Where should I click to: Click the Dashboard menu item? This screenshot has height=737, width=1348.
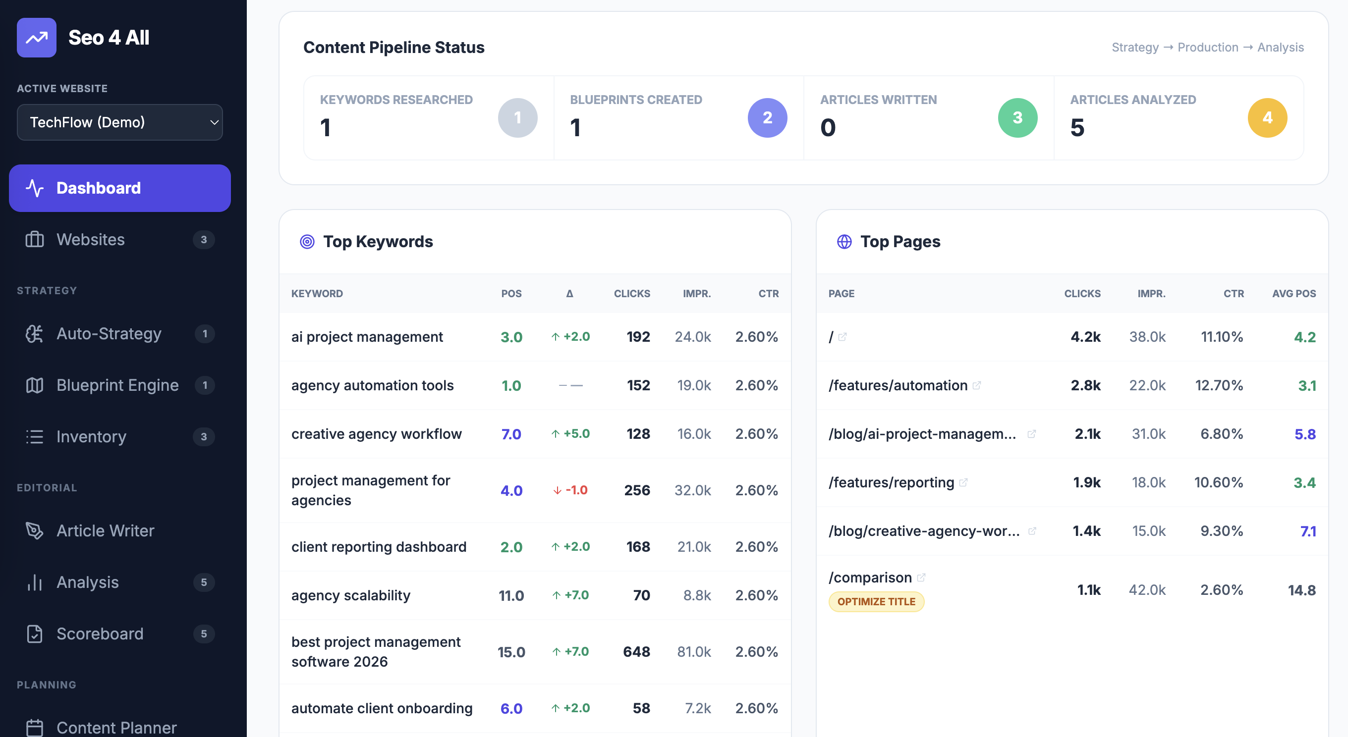pos(119,188)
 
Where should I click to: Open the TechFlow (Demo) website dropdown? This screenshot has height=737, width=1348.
pos(119,122)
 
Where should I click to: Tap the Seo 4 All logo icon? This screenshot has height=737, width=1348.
pos(36,38)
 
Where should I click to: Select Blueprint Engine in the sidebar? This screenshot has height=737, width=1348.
pos(117,385)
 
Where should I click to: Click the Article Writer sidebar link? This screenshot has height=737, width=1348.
pos(105,530)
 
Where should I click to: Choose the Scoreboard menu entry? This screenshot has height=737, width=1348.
pos(100,633)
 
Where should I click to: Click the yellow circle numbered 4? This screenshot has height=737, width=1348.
pos(1267,118)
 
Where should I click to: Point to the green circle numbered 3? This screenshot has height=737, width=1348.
pos(1017,118)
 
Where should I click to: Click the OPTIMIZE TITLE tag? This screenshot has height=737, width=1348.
pos(876,601)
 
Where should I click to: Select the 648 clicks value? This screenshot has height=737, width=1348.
pos(636,652)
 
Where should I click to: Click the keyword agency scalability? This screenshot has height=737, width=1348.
pos(350,595)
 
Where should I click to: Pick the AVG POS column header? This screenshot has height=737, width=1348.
pos(1293,293)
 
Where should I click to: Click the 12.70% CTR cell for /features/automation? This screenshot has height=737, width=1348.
pos(1219,385)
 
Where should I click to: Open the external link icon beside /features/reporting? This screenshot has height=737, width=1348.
pos(963,482)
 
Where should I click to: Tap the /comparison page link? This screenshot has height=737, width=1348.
pos(870,578)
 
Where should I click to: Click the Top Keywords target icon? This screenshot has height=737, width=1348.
pos(307,242)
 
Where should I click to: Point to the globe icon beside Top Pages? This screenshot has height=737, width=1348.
pos(844,242)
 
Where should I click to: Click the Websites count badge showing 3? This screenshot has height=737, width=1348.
pos(204,240)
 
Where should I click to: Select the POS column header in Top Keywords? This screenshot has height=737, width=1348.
pos(511,293)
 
